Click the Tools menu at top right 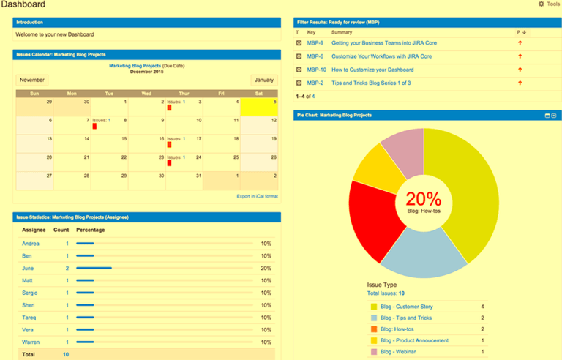tap(550, 4)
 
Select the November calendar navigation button tap(32, 80)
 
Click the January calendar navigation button tap(264, 80)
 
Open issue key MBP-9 tap(315, 43)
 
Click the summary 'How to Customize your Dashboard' tap(372, 70)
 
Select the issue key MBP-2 tap(315, 83)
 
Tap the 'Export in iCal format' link tap(257, 196)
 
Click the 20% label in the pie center tap(424, 198)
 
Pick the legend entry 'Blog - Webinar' tap(402, 352)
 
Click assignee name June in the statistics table tap(29, 269)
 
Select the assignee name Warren tap(31, 342)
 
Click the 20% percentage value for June tap(266, 269)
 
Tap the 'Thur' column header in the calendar tap(184, 94)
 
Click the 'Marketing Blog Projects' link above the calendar tap(135, 66)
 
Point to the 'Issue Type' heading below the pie tap(381, 284)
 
